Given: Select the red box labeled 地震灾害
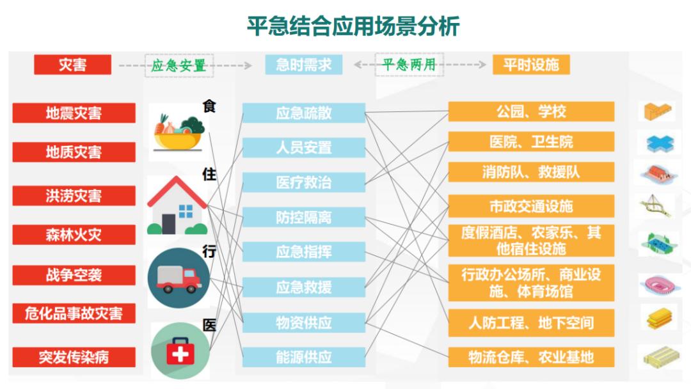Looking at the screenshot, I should tap(74, 113).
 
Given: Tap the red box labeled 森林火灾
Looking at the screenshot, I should tap(74, 235).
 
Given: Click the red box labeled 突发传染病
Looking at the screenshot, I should tap(74, 357).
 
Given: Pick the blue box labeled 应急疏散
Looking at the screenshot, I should tap(303, 113).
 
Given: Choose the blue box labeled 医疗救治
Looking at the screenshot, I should tap(303, 182).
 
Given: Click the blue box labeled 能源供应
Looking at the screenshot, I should tap(303, 357).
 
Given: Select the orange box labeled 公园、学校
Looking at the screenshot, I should tap(531, 111).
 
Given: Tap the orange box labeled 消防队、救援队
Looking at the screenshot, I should tap(531, 172).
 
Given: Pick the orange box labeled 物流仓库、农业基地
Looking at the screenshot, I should tap(531, 357).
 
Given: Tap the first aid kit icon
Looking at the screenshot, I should tap(180, 351).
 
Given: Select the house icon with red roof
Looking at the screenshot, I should tap(177, 205).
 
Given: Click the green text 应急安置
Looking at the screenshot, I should tap(179, 65).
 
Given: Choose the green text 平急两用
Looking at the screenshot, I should tap(409, 65).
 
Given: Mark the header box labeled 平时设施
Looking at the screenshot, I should tap(530, 65).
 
